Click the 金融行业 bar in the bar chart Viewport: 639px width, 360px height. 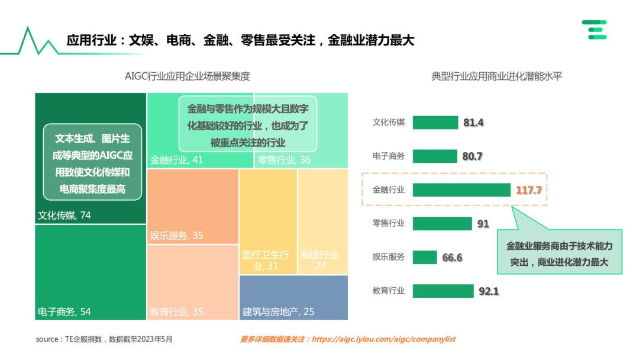pyautogui.click(x=461, y=189)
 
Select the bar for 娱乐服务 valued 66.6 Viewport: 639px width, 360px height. pyautogui.click(x=424, y=258)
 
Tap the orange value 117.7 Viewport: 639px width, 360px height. pyautogui.click(x=529, y=190)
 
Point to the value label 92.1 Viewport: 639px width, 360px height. pyautogui.click(x=489, y=291)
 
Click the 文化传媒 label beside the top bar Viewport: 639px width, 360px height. pyautogui.click(x=388, y=123)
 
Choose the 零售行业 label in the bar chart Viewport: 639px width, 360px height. pyautogui.click(x=388, y=223)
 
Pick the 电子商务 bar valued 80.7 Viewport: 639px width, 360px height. pyautogui.click(x=435, y=156)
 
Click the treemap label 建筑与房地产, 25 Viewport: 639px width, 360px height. pyautogui.click(x=278, y=311)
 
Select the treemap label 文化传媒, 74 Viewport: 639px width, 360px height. pyautogui.click(x=64, y=216)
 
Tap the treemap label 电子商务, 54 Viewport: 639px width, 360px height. pyautogui.click(x=64, y=311)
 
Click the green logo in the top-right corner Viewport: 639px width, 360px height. pyautogui.click(x=594, y=30)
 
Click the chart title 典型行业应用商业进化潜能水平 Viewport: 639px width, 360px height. pyautogui.click(x=496, y=76)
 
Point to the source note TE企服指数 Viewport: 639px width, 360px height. pyautogui.click(x=104, y=339)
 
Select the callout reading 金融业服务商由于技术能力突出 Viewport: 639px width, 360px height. pyautogui.click(x=559, y=253)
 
